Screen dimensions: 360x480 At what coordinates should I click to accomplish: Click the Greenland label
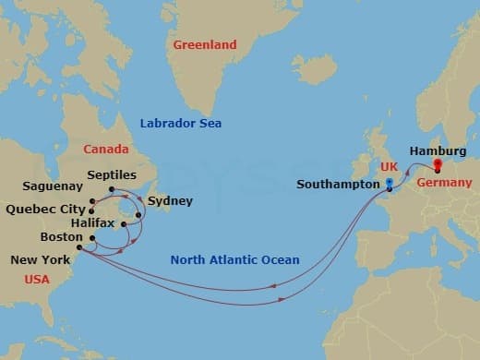pyautogui.click(x=206, y=44)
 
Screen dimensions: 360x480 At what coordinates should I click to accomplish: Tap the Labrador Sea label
pyautogui.click(x=181, y=124)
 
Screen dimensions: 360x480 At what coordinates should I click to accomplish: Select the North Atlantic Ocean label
pyautogui.click(x=234, y=260)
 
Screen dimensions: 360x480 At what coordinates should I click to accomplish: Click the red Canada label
pyautogui.click(x=106, y=149)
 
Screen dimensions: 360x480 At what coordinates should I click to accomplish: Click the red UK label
pyautogui.click(x=390, y=165)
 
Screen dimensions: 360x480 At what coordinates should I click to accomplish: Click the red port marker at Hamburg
pyautogui.click(x=438, y=167)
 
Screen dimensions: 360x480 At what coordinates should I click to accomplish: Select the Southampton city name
pyautogui.click(x=338, y=185)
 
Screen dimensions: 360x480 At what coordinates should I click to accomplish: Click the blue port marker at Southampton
pyautogui.click(x=390, y=185)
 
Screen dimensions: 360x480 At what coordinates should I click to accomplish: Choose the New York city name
pyautogui.click(x=39, y=261)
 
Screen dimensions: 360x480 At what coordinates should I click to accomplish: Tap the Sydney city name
pyautogui.click(x=170, y=200)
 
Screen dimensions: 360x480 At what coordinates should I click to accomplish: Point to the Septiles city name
pyautogui.click(x=111, y=174)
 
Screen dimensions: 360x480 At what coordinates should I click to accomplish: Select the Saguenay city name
pyautogui.click(x=52, y=186)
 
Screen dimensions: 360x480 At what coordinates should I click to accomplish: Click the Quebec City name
pyautogui.click(x=45, y=209)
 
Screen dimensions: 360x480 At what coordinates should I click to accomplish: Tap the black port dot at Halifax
pyautogui.click(x=123, y=223)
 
